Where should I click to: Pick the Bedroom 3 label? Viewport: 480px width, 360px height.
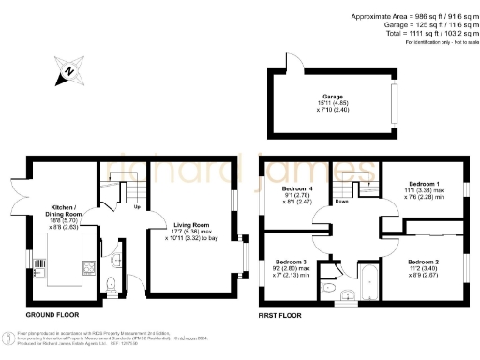coord(291,263)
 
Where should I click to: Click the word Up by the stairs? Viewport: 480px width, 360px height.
coord(138,207)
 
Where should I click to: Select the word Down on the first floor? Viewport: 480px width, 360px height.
coord(343,202)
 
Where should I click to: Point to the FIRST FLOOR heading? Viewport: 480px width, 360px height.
coord(279,316)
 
